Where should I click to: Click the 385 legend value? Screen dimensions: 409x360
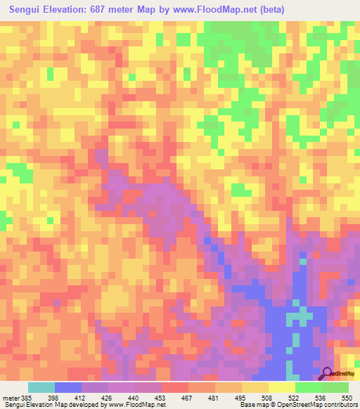25,397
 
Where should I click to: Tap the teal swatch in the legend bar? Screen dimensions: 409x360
41,387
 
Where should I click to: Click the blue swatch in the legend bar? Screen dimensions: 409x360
68,387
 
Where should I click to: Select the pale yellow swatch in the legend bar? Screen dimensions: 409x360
282,387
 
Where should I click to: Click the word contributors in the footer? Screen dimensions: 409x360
340,405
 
